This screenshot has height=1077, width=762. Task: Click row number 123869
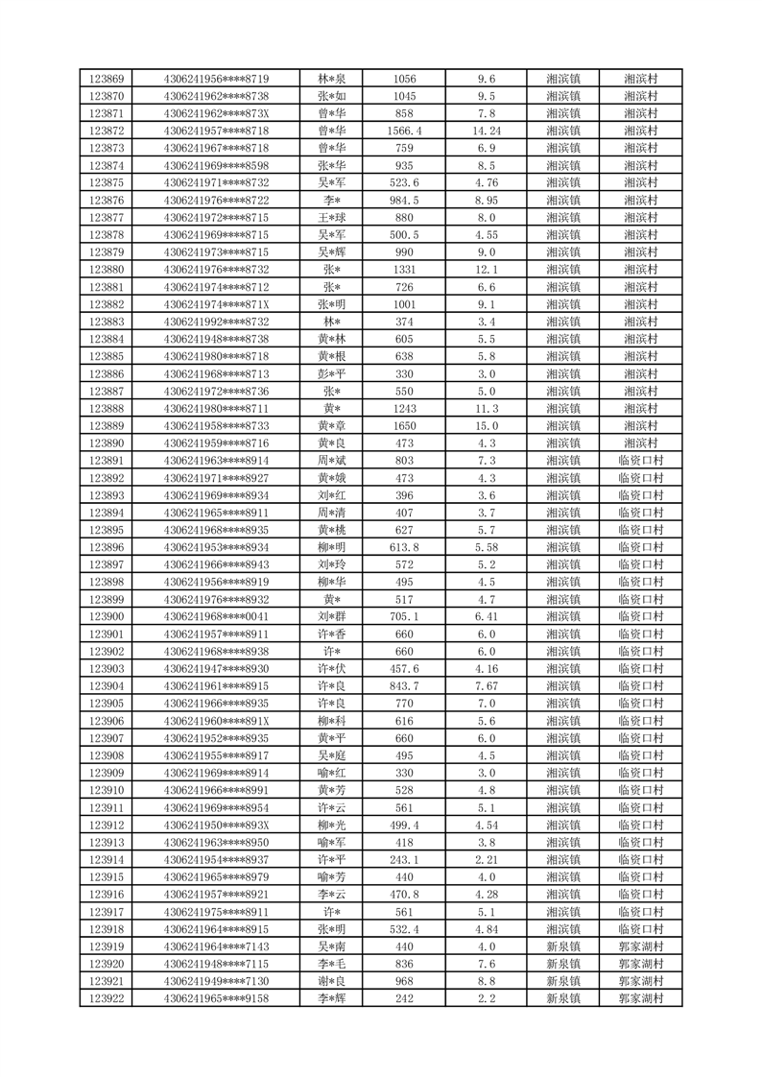[x=106, y=79]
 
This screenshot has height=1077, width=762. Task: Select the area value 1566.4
[x=404, y=131]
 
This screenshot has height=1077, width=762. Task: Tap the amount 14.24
[x=486, y=131]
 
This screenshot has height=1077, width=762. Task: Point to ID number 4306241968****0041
[x=217, y=616]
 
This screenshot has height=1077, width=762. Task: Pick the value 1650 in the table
[x=404, y=426]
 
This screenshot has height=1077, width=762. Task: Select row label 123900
[x=106, y=616]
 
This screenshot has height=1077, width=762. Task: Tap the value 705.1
[x=404, y=616]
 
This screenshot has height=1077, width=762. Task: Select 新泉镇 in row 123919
[x=562, y=946]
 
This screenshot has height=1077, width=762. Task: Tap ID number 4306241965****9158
[x=217, y=998]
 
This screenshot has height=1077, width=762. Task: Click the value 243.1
[x=404, y=859]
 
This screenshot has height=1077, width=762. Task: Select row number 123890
[x=106, y=443]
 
